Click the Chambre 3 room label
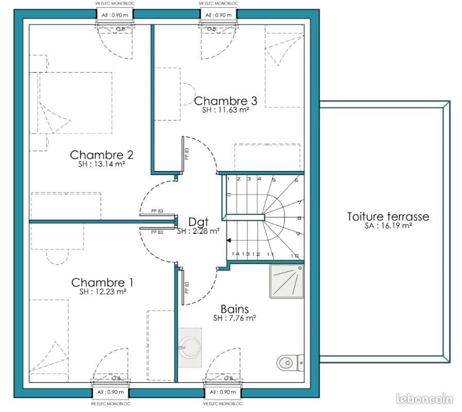pyautogui.click(x=225, y=101)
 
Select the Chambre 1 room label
pyautogui.click(x=102, y=282)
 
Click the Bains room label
pyautogui.click(x=234, y=309)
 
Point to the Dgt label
pyautogui.click(x=198, y=222)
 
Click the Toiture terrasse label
pyautogui.click(x=387, y=217)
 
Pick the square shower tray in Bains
pyautogui.click(x=286, y=281)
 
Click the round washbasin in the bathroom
pyautogui.click(x=190, y=348)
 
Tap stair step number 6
pyautogui.click(x=297, y=180)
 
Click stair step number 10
pyautogui.click(x=295, y=255)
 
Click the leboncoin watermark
pyautogui.click(x=424, y=399)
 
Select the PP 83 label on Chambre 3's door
pyautogui.click(x=187, y=153)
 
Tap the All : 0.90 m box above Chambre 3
pyautogui.click(x=218, y=15)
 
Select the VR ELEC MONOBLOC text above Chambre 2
pyautogui.click(x=114, y=4)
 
